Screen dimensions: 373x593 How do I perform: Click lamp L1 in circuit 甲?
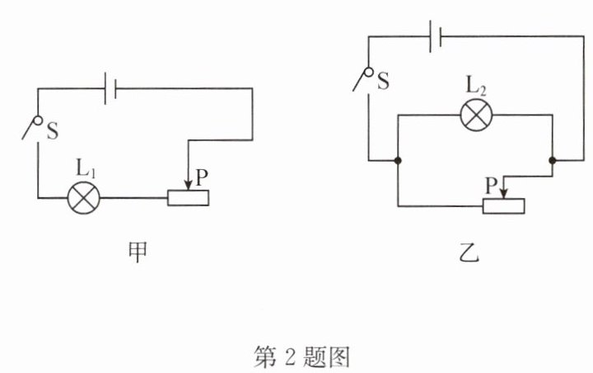point(83,198)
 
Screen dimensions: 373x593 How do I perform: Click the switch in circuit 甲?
point(32,129)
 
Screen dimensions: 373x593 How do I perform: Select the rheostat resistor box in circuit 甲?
point(188,198)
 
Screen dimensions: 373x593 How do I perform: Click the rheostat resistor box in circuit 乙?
point(502,205)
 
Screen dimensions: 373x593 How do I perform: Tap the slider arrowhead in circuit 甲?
point(189,184)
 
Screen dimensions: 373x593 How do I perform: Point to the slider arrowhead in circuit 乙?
point(504,191)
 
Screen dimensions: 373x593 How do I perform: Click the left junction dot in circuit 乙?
point(398,160)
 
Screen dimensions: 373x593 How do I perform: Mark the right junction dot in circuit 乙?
point(552,160)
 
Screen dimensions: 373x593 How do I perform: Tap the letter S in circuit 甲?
point(52,132)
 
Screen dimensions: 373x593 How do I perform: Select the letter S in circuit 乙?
point(383,81)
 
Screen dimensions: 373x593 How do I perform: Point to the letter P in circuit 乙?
point(491,186)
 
